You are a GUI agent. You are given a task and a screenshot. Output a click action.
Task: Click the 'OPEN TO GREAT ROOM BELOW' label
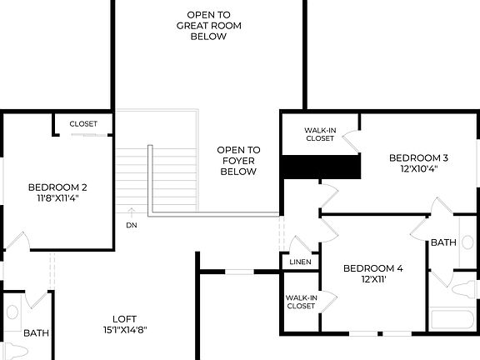click(208, 26)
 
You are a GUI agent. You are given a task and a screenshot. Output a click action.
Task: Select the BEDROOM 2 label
click(57, 187)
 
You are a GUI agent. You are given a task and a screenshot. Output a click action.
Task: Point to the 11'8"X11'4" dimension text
click(57, 198)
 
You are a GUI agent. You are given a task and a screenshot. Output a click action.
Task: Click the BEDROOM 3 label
click(418, 157)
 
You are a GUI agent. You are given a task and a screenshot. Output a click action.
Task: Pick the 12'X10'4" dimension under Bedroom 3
click(418, 168)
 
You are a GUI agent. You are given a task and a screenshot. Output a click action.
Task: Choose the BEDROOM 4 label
click(373, 268)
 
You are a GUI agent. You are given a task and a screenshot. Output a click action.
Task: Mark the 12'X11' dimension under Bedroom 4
click(373, 279)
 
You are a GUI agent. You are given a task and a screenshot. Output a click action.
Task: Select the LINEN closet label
click(300, 262)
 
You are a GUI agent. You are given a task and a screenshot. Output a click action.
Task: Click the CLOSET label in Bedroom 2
click(83, 124)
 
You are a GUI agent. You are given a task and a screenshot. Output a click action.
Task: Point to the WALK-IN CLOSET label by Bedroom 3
click(319, 134)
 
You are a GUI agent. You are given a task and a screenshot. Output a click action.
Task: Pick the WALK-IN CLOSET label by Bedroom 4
click(301, 302)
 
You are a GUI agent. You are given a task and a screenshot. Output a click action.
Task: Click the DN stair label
click(132, 225)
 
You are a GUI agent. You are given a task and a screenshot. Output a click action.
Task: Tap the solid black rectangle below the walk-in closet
click(321, 167)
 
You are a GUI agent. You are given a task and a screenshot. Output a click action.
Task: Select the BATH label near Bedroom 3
click(443, 242)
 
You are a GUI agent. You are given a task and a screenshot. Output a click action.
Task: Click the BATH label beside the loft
click(36, 333)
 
